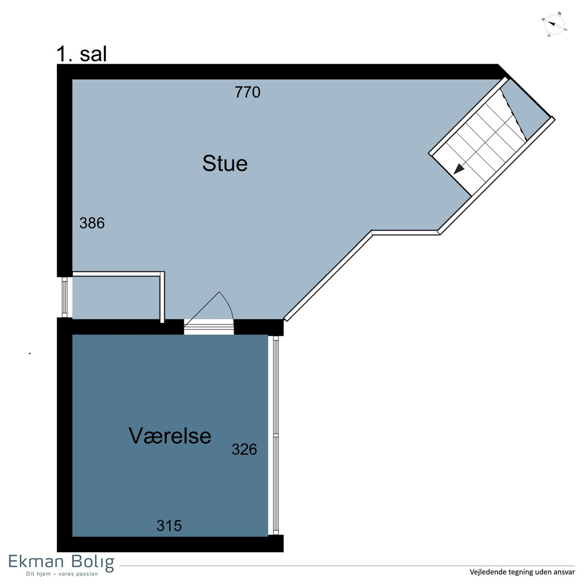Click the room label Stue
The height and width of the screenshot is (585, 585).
225,164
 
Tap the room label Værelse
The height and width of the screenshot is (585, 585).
170,436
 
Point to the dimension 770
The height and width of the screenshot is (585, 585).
248,92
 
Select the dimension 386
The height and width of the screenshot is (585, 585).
92,223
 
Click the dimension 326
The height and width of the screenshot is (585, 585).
244,449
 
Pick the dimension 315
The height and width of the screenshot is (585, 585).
169,526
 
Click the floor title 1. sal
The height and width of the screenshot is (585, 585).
82,54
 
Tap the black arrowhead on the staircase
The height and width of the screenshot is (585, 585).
459,169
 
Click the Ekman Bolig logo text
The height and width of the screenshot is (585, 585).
61,563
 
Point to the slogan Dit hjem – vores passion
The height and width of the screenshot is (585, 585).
62,574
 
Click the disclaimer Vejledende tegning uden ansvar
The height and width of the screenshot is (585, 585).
522,572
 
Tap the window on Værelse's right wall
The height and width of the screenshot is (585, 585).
275,435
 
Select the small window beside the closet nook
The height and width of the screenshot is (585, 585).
64,297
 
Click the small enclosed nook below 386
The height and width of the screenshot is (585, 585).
116,297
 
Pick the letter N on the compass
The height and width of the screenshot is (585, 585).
544,19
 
